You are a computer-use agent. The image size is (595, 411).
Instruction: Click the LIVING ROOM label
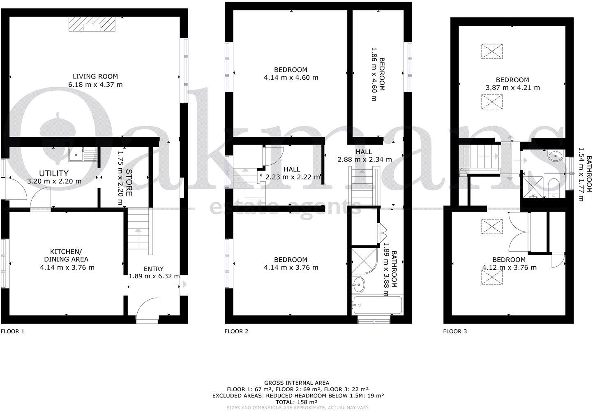[95, 76]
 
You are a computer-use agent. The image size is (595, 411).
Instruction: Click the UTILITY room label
[54, 173]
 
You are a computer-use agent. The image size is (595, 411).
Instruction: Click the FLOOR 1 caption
[13, 331]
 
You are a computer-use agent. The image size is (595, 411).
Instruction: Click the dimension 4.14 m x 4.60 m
[291, 77]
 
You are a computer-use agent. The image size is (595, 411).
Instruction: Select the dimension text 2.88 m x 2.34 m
[364, 159]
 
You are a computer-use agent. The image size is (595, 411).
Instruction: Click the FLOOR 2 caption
[236, 331]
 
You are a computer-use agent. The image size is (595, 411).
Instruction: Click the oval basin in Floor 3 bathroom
[556, 155]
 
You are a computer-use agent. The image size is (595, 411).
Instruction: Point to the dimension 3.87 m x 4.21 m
[512, 88]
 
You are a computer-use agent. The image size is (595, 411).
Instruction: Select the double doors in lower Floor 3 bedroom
[518, 232]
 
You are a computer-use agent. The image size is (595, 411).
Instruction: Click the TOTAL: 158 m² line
[297, 402]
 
